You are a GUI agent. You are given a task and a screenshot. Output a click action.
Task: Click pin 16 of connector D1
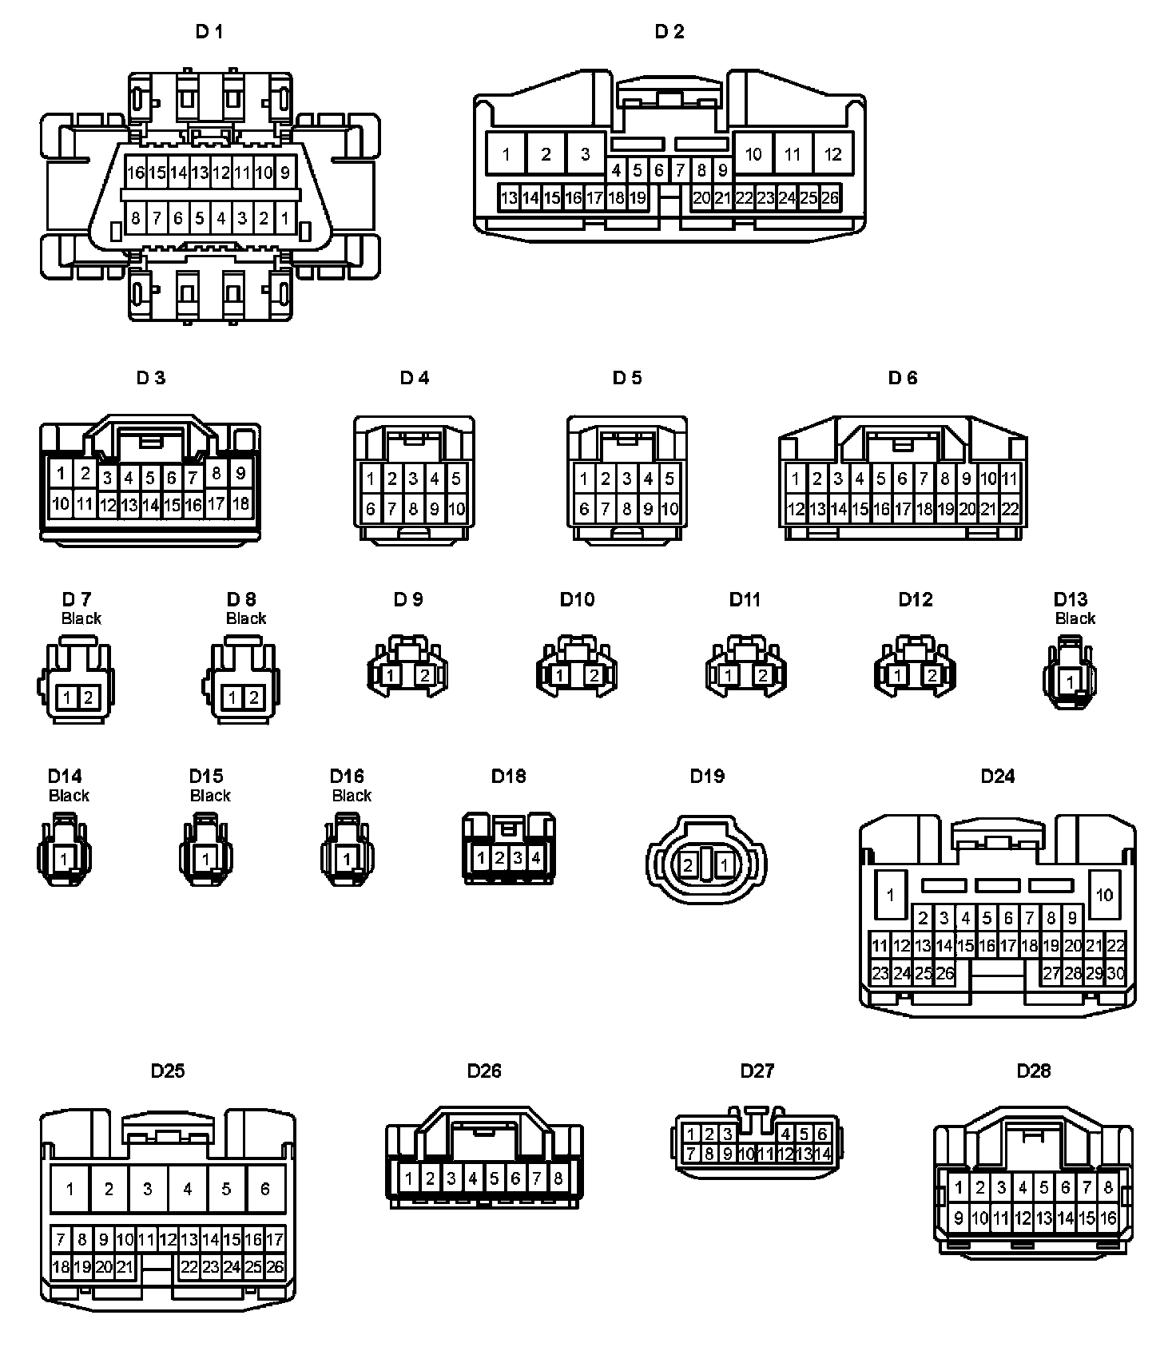135,173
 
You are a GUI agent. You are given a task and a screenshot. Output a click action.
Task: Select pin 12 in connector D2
832,154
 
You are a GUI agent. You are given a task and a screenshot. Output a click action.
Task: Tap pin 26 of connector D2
830,197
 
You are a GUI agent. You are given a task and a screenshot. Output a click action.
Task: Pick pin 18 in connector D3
240,504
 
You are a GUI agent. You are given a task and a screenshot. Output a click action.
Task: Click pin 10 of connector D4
456,509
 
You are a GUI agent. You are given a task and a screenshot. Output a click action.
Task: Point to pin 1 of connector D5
584,479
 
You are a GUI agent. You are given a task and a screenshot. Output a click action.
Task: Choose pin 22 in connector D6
1010,509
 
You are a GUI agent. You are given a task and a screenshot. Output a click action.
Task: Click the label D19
707,776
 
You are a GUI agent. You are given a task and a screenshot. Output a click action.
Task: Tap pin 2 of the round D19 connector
688,864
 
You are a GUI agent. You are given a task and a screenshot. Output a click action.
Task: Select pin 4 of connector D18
536,858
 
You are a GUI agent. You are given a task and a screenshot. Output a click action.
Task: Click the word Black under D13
1075,618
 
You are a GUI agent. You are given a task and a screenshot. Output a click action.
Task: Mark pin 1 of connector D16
347,860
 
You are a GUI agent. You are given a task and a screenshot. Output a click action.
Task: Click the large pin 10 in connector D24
1104,894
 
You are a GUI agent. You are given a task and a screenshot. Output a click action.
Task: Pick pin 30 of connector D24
1115,973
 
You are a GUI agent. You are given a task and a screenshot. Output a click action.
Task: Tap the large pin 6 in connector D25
265,1189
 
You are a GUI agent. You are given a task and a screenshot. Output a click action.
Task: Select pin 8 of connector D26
558,1178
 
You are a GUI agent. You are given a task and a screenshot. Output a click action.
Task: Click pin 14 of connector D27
823,1154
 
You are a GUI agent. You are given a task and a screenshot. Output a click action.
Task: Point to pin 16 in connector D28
1107,1218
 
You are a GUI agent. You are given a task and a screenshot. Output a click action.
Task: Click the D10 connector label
577,599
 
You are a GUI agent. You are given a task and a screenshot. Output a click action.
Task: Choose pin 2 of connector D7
88,697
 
